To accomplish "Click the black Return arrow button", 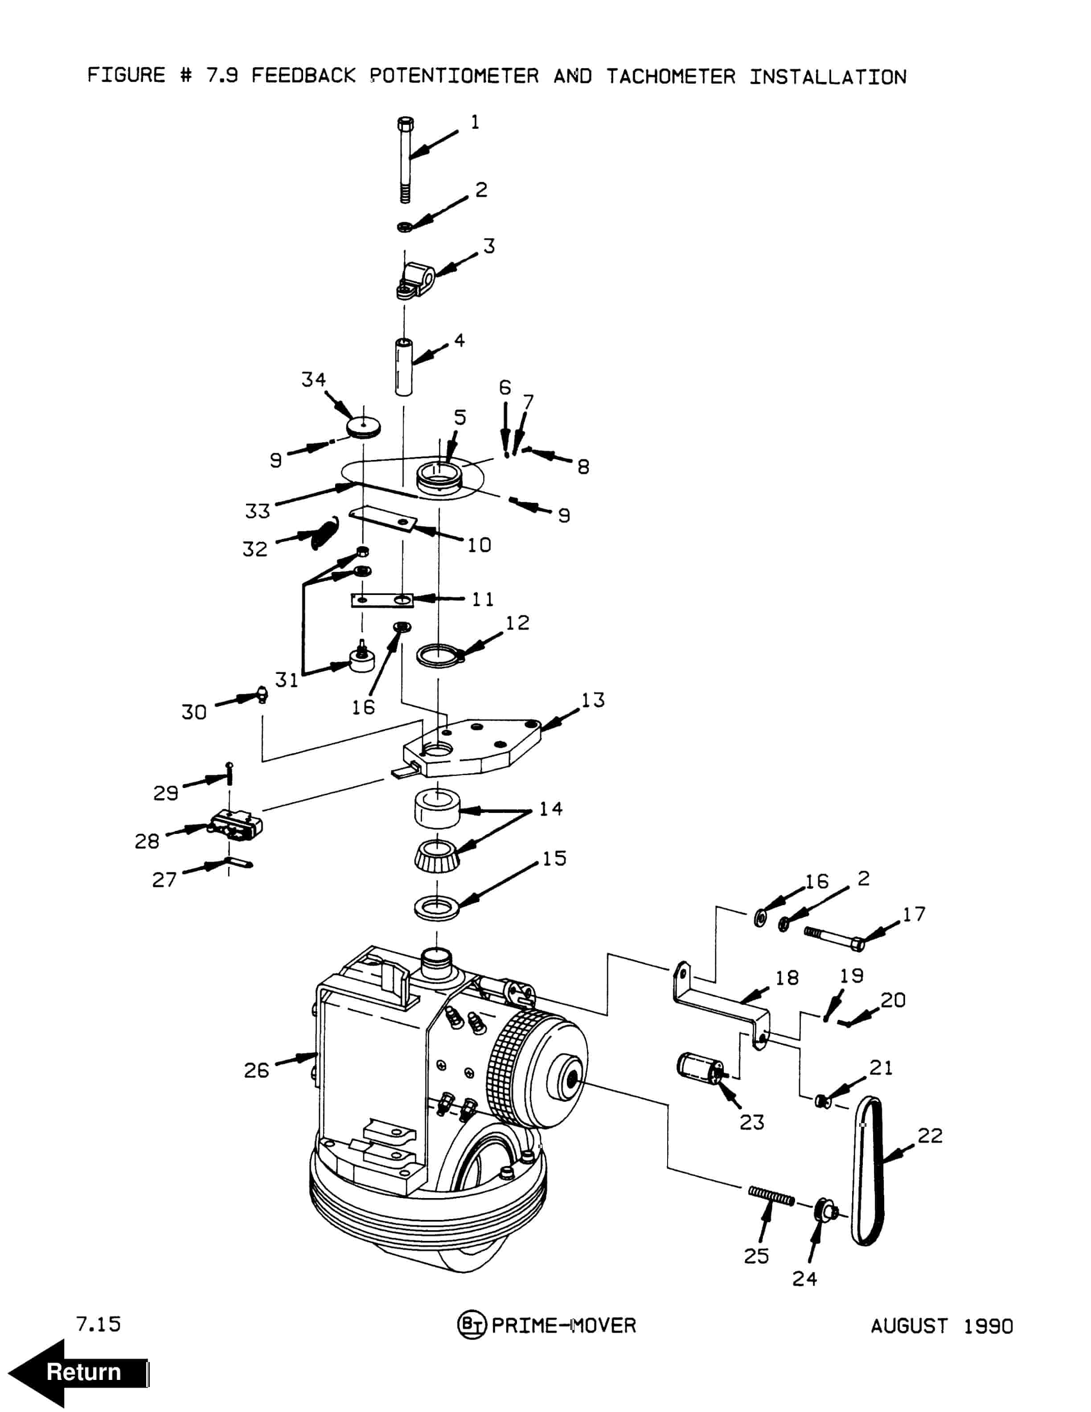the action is (78, 1372).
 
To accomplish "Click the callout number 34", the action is (313, 379).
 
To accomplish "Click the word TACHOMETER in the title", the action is (671, 77).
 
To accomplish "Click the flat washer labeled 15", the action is (436, 908).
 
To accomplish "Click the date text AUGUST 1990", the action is (942, 1326).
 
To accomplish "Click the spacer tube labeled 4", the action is (405, 366).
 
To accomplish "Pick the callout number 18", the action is (787, 977).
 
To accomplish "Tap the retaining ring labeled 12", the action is (439, 655).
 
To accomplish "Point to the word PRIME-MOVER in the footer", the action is (564, 1326).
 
